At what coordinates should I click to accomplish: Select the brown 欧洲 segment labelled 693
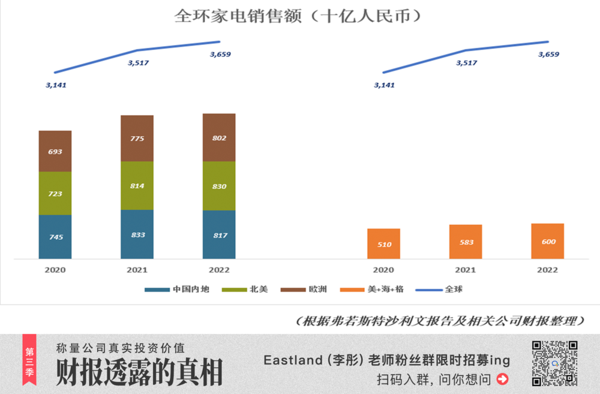click(55, 151)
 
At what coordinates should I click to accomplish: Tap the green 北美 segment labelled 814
click(137, 186)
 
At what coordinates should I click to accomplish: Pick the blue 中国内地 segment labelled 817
click(219, 234)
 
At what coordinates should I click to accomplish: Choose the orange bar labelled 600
click(547, 241)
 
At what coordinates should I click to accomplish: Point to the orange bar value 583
click(466, 242)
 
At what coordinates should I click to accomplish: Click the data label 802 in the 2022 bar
click(219, 138)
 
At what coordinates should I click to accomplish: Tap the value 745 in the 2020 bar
click(55, 237)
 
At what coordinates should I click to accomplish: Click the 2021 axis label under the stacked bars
click(137, 270)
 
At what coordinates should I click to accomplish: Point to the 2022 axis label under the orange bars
click(547, 270)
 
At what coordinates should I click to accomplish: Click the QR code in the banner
click(554, 363)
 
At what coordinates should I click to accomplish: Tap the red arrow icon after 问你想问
click(503, 379)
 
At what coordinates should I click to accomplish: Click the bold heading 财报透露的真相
click(139, 372)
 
